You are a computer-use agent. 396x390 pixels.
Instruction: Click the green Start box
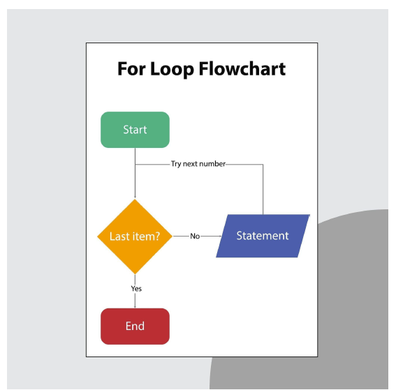[135, 130]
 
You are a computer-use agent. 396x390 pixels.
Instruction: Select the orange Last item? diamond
[135, 237]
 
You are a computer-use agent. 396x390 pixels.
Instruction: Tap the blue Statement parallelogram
[263, 237]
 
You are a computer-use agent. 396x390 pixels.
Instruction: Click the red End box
[135, 327]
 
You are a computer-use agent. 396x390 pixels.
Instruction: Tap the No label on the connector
[195, 237]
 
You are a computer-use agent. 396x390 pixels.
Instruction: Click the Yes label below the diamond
[136, 288]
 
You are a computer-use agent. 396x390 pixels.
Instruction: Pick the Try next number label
[198, 164]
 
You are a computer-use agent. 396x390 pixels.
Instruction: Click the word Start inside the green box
[135, 130]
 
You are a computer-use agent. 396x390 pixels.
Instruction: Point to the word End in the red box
[135, 327]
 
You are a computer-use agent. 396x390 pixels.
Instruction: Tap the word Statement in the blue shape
[263, 236]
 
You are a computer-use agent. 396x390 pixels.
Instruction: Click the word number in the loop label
[212, 164]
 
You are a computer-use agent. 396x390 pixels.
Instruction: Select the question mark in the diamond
[157, 237]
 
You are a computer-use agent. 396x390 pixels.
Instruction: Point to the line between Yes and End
[135, 300]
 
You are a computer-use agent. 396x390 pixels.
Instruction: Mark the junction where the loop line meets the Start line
[135, 165]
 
